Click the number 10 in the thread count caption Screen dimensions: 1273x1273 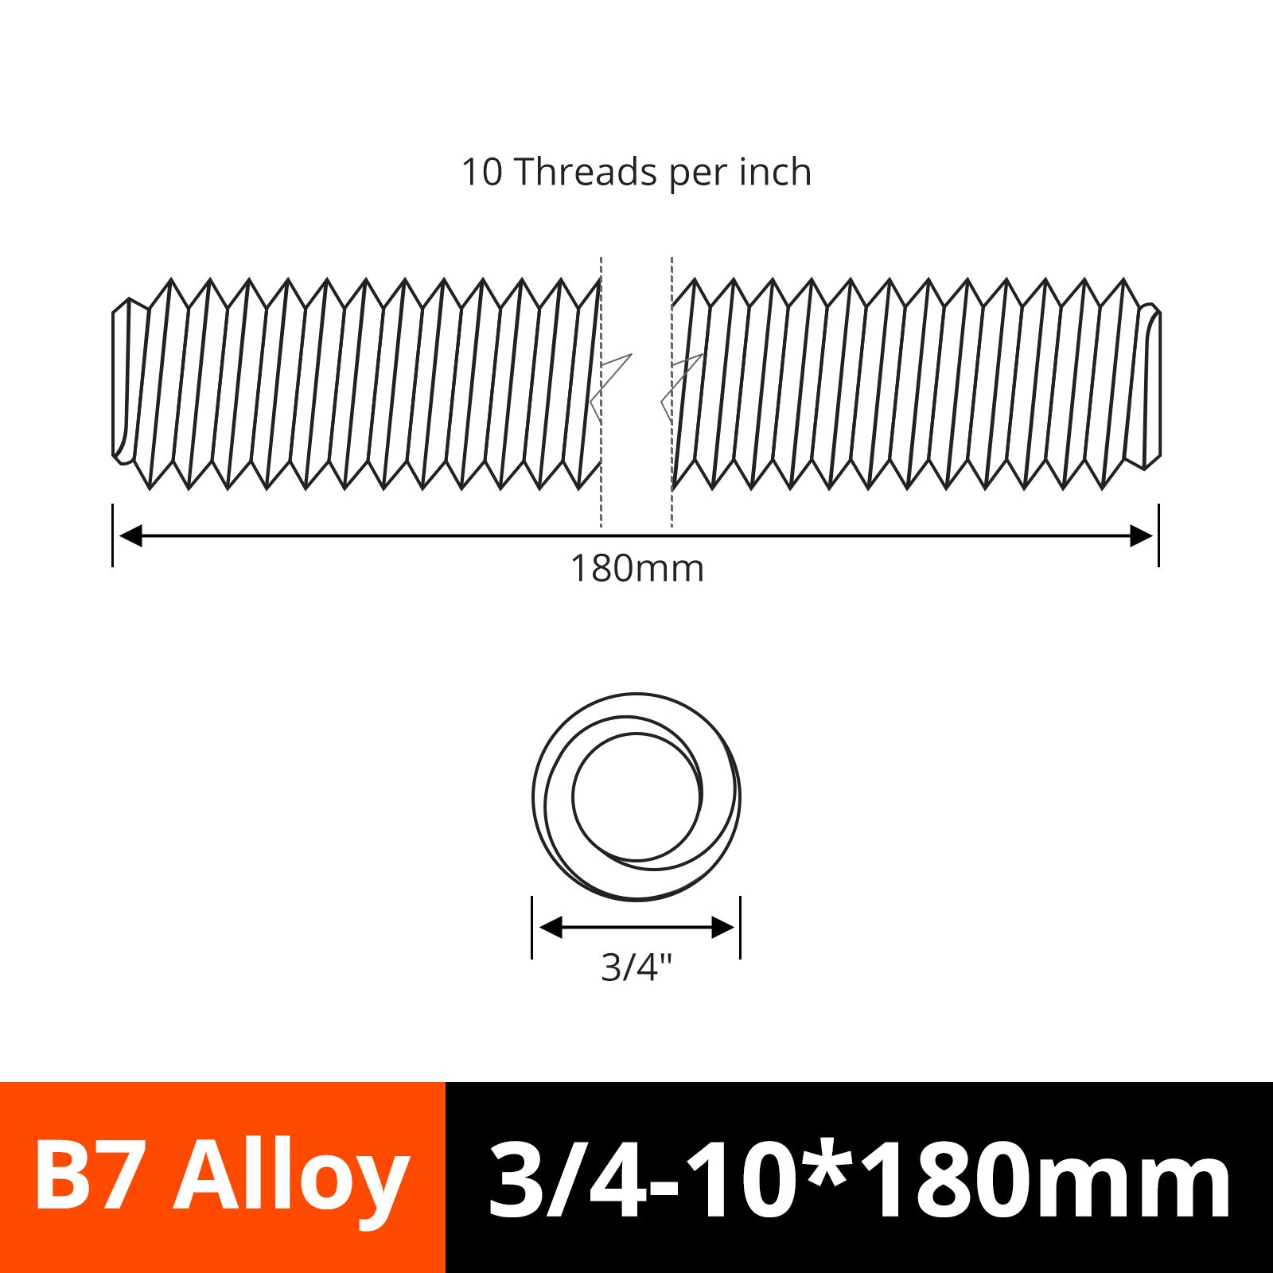click(482, 173)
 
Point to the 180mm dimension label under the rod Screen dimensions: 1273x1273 click(637, 569)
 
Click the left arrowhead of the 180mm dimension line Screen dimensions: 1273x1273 click(130, 535)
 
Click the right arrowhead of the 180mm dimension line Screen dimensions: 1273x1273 click(1141, 535)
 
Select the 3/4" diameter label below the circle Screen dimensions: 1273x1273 click(636, 967)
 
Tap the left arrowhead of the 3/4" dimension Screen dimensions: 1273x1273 click(551, 927)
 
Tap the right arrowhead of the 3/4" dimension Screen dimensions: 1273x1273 click(722, 927)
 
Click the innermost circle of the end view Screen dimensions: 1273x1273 click(573, 796)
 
